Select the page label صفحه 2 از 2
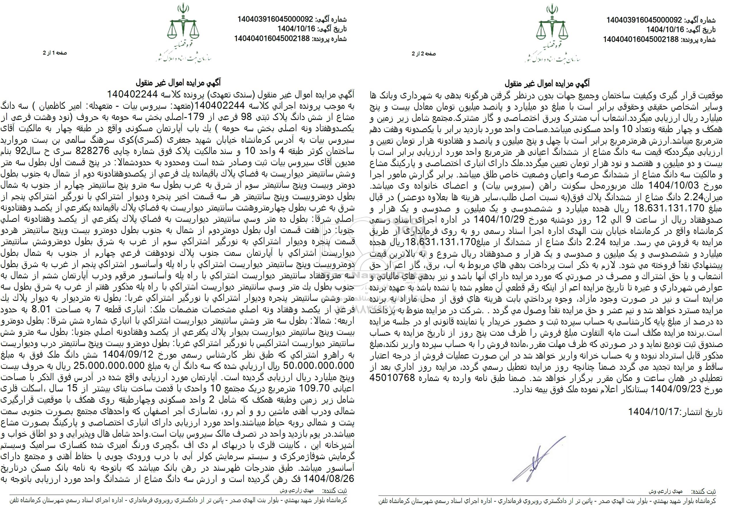423,54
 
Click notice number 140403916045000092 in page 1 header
276,19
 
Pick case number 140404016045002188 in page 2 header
644,40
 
